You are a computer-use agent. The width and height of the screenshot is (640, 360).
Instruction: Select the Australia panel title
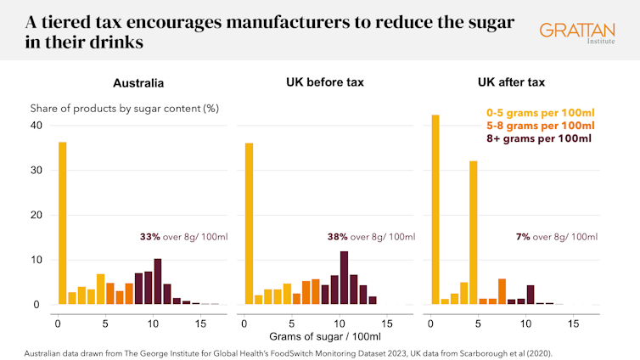(x=138, y=83)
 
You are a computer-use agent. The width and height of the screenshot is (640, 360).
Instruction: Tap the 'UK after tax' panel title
(x=511, y=83)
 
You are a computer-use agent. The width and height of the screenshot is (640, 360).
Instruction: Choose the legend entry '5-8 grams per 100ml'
(x=539, y=125)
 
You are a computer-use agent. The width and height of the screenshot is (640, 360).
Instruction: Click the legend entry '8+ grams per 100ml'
(x=539, y=138)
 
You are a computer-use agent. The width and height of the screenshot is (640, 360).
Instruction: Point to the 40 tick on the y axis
(x=36, y=126)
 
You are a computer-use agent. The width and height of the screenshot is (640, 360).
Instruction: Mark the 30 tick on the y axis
(x=36, y=171)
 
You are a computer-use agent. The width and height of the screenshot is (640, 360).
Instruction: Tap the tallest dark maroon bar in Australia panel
(x=157, y=281)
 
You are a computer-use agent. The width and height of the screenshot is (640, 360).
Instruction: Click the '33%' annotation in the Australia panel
(x=149, y=237)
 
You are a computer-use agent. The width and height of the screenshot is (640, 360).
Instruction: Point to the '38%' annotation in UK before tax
(x=337, y=237)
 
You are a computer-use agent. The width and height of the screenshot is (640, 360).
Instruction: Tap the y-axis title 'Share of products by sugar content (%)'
(x=125, y=109)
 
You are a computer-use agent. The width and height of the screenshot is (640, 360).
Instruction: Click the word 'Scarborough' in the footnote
(x=473, y=352)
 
